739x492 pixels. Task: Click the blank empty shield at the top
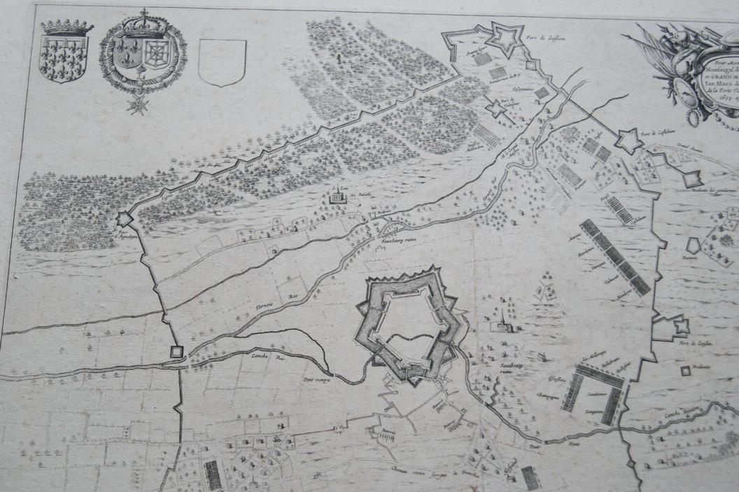click(x=222, y=61)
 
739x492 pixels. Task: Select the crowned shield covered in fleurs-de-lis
click(x=65, y=56)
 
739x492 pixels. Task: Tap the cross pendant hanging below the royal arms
click(x=137, y=104)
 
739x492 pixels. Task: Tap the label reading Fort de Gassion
click(x=542, y=29)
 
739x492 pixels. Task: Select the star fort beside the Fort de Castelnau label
click(x=627, y=142)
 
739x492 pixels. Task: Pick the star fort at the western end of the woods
click(x=124, y=219)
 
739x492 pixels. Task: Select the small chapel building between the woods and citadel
click(x=337, y=198)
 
